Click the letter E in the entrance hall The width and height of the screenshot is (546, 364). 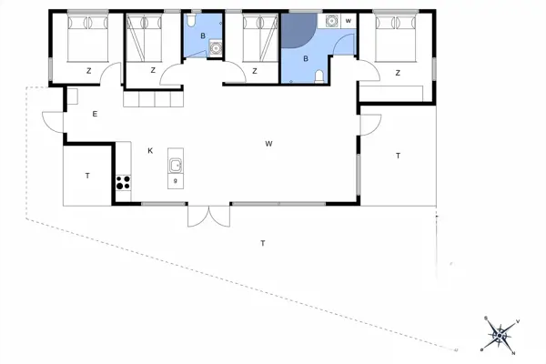tap(95, 114)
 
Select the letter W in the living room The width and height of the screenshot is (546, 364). tap(269, 144)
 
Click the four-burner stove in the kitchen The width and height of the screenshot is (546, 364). tap(124, 179)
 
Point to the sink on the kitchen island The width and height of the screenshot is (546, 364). tap(175, 166)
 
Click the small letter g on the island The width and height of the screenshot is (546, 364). tap(175, 180)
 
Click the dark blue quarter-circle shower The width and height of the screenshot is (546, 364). tap(296, 30)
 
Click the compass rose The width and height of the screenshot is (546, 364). tap(498, 335)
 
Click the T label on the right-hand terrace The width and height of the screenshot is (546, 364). tap(399, 157)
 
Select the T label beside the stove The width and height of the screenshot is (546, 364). tap(87, 175)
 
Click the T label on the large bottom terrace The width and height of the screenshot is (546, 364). tap(263, 243)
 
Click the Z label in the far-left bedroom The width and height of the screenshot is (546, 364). tap(88, 70)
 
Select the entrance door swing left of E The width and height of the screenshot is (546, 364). tap(52, 116)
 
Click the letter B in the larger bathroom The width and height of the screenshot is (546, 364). tap(306, 58)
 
